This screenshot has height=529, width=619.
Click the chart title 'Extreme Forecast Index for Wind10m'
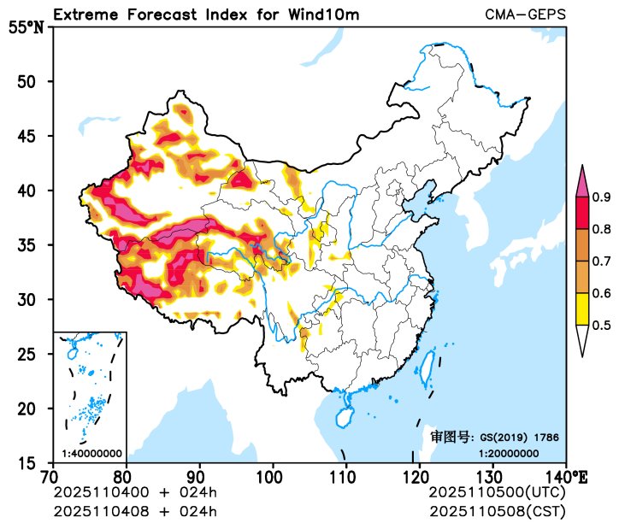point(206,15)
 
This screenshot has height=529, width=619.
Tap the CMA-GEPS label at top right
point(525,15)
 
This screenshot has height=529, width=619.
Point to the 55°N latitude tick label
point(26,26)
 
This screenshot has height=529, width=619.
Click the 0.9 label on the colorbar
point(601,197)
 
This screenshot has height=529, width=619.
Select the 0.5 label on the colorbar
point(601,325)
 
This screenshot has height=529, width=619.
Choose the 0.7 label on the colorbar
point(601,262)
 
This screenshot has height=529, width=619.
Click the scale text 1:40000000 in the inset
point(91,454)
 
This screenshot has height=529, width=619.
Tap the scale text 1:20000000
point(508,454)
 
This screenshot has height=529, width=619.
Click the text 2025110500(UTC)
point(497,493)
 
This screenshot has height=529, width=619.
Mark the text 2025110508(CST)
point(497,511)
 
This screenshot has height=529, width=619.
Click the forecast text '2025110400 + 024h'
point(135,493)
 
